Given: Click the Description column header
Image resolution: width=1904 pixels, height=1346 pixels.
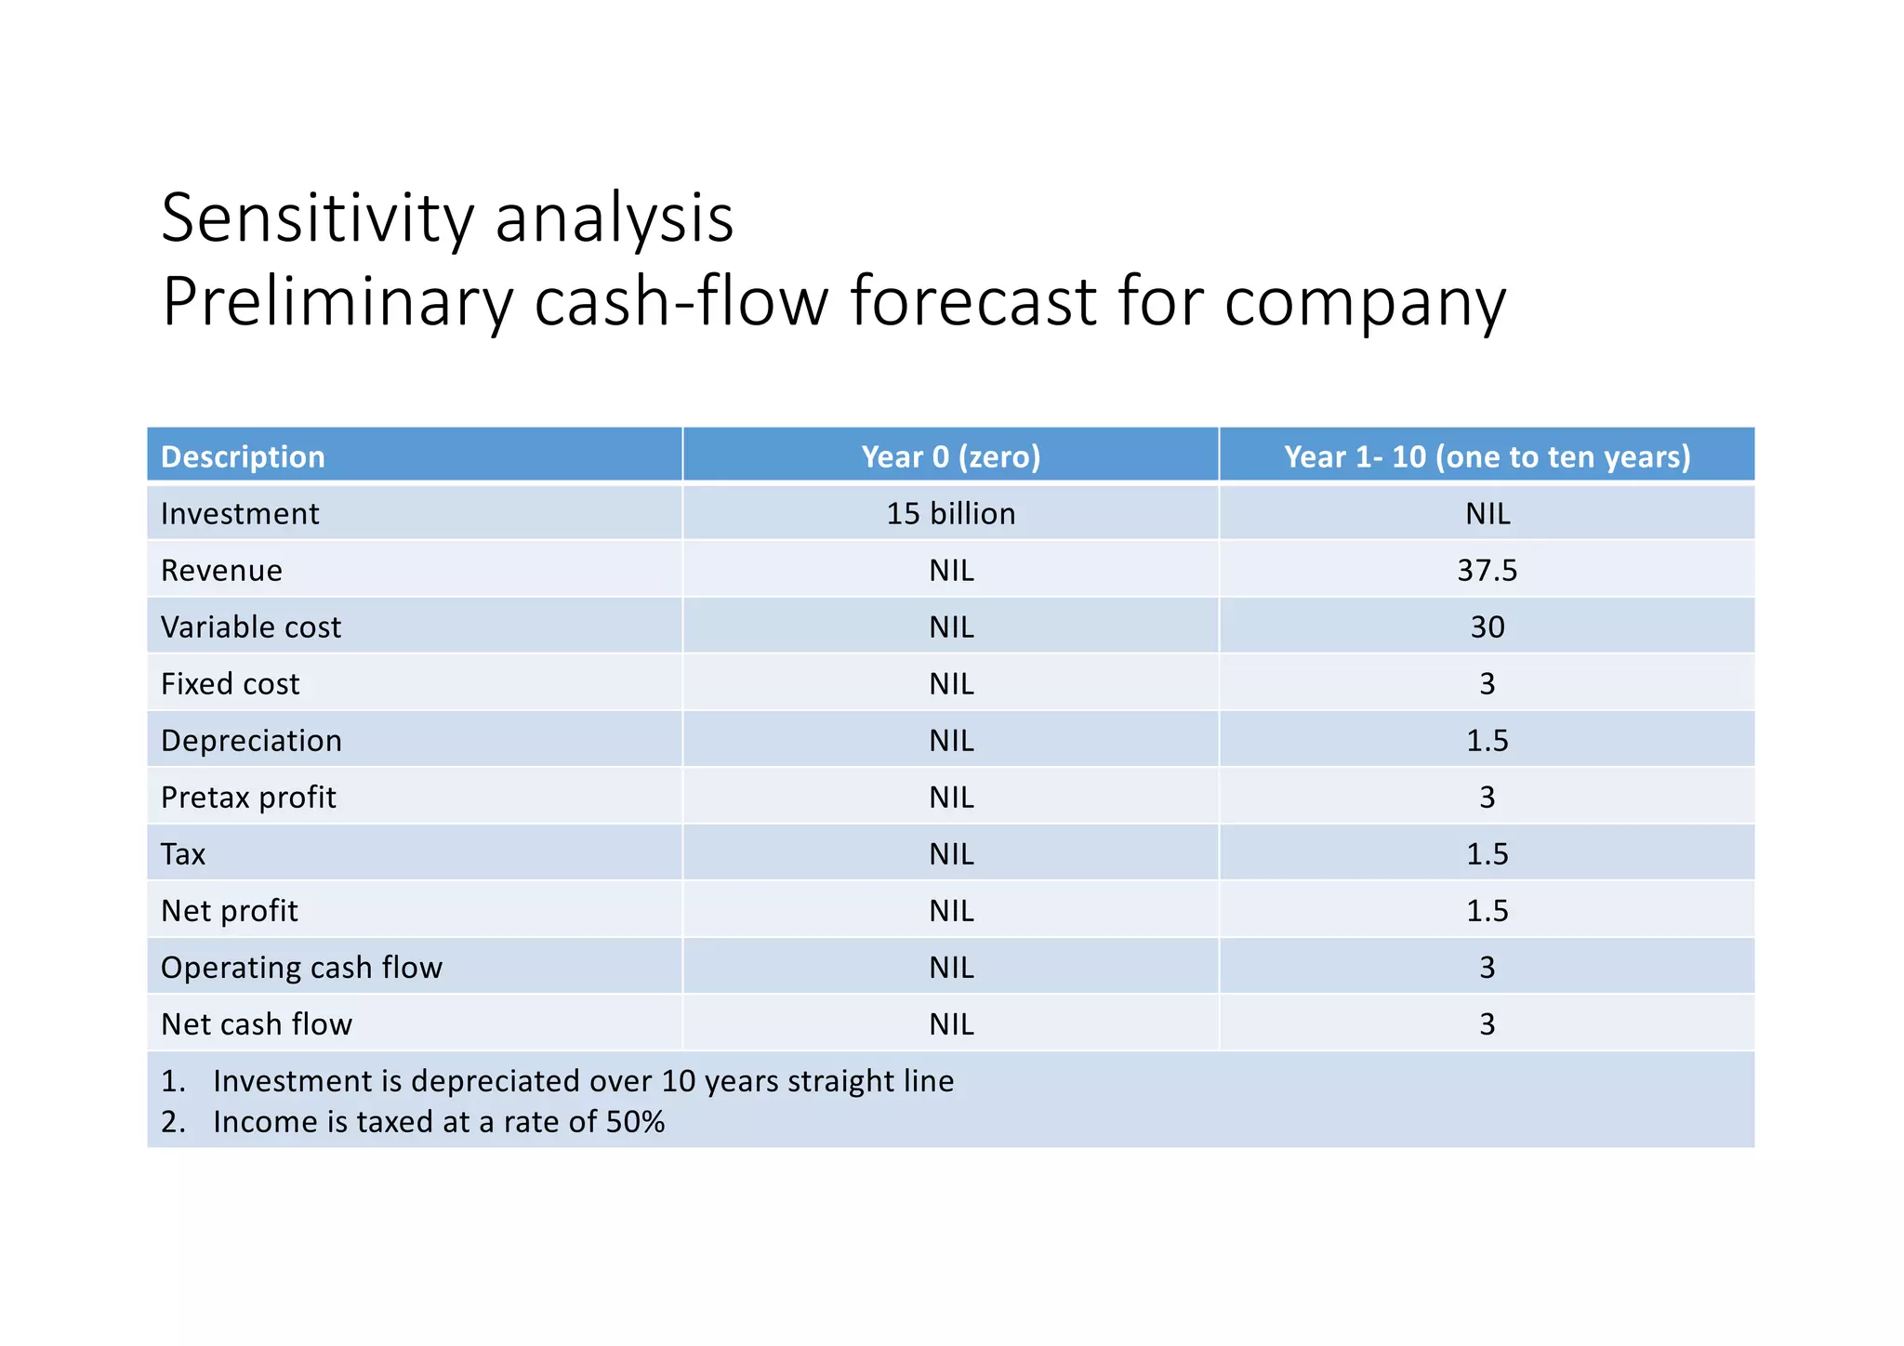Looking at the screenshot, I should point(243,456).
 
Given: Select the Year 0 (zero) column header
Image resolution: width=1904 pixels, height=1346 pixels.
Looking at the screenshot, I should point(950,456).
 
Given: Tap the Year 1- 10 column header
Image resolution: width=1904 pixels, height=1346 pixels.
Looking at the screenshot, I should point(1487,456).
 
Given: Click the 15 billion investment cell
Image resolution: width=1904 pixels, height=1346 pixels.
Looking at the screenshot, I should point(950,513).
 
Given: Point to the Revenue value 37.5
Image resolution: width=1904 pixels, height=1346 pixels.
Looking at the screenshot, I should point(1487,570).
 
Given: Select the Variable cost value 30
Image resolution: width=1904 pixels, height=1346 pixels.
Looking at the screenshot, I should point(1487,627).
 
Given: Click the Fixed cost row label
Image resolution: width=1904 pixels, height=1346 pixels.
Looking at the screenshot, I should point(230,684).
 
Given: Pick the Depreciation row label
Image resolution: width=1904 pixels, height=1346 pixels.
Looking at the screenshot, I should point(251,741).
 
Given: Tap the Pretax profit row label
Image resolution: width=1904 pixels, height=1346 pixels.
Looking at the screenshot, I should point(248,798).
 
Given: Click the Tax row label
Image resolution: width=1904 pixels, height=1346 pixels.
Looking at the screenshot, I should point(183,854).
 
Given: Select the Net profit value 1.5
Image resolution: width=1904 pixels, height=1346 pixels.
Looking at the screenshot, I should point(1487,911).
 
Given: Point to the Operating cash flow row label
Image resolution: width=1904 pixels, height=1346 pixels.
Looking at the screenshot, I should point(301,968).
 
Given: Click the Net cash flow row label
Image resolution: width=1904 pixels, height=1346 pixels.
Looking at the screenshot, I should point(257,1024).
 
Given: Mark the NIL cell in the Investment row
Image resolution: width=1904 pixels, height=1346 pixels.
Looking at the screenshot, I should point(1487,513).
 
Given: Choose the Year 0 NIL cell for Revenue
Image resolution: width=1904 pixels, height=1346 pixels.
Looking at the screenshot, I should point(951,570).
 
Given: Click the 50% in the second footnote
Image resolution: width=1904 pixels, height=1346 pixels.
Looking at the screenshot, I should point(635,1122).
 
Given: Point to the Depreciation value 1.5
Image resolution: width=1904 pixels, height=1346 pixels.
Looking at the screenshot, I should point(1487,741).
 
